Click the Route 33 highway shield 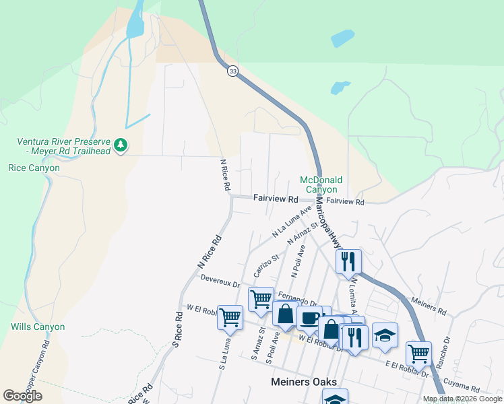(x=232, y=71)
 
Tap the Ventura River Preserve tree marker (x=121, y=145)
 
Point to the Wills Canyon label (x=38, y=327)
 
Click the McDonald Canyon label (x=321, y=184)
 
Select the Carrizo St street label (x=266, y=266)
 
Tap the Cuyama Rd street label (x=462, y=387)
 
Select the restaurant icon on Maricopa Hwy (x=348, y=260)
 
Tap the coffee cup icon (x=309, y=318)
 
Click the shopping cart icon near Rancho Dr (x=418, y=352)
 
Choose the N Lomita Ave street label (x=351, y=296)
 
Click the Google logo (x=22, y=396)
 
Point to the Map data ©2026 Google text (x=462, y=399)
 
